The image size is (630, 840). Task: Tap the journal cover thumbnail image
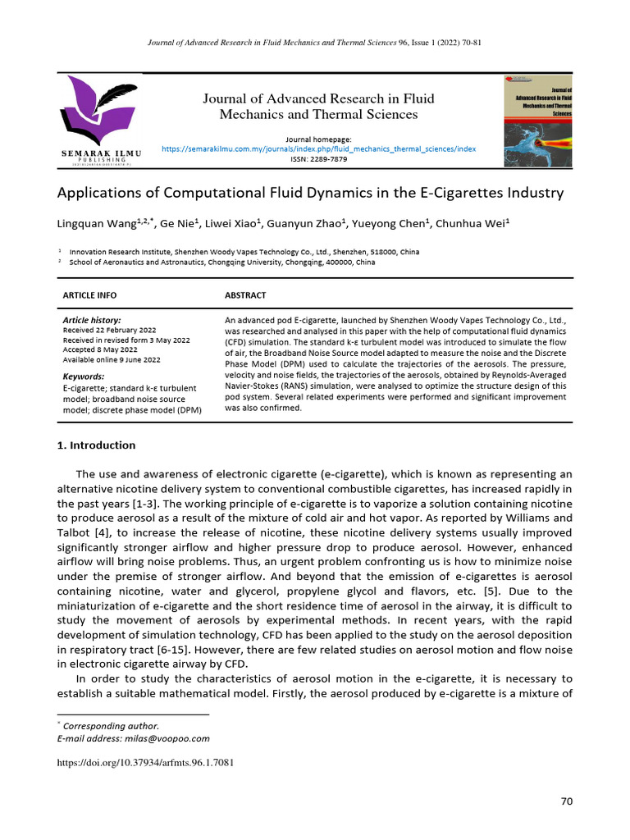[538, 121]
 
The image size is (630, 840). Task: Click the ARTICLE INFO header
[89, 294]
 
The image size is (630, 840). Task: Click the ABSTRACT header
[244, 294]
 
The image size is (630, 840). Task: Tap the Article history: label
[92, 320]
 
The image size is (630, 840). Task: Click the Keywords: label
[83, 376]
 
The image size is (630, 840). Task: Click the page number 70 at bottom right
[566, 801]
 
